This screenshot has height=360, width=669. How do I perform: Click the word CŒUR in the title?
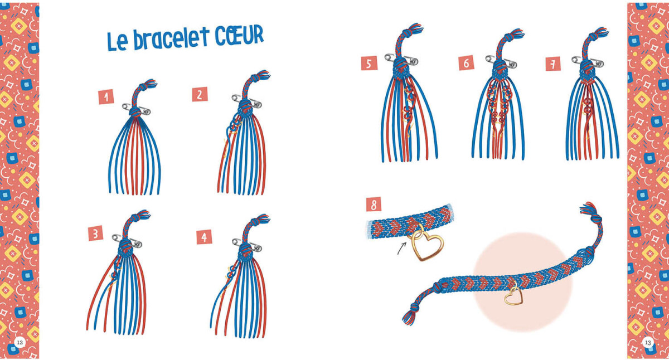[x=239, y=35]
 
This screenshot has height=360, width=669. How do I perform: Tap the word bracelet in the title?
[x=171, y=39]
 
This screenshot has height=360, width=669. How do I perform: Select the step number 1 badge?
[x=106, y=97]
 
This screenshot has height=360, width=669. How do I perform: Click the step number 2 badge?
[x=200, y=94]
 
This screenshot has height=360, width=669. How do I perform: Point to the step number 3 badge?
[x=95, y=233]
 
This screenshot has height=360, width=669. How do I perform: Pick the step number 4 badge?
[x=204, y=237]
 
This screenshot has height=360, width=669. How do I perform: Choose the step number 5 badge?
[x=369, y=64]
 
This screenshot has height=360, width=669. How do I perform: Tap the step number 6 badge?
[x=466, y=63]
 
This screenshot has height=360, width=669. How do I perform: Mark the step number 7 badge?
[x=553, y=64]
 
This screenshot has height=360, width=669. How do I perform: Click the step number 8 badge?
[x=374, y=204]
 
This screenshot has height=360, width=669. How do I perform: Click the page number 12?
[x=20, y=342]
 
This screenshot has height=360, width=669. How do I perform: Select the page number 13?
[x=648, y=342]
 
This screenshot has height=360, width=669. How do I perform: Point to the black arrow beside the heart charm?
[x=402, y=249]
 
